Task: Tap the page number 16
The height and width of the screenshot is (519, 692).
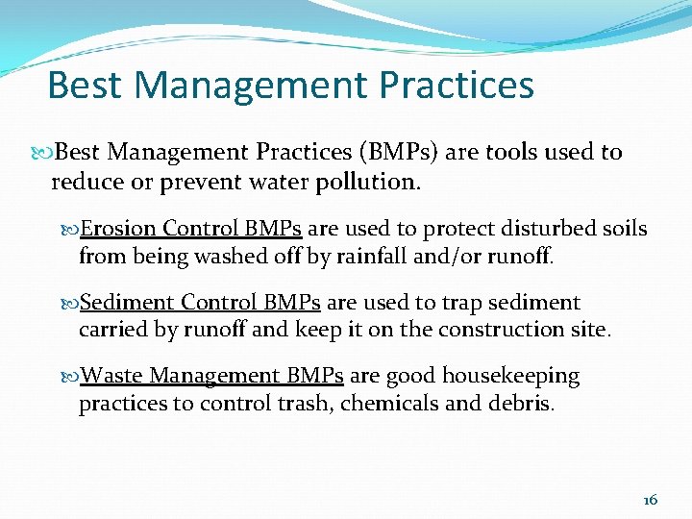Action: pyautogui.click(x=650, y=499)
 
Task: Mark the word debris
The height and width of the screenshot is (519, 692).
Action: pyautogui.click(x=521, y=403)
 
